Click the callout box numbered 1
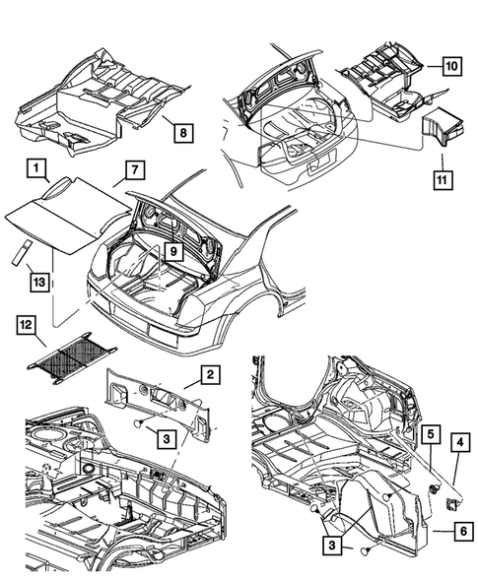coord(36,168)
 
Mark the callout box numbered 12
coord(27,326)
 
